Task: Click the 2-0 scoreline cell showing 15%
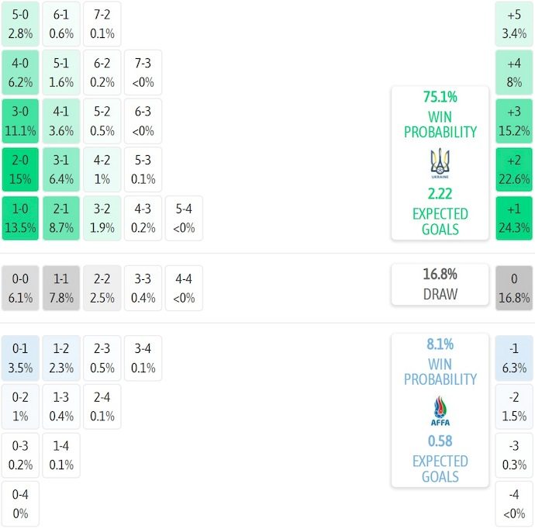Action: pos(20,169)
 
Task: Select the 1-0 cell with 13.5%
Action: pos(20,218)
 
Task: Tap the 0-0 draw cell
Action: pos(20,288)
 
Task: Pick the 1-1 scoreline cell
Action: pos(61,288)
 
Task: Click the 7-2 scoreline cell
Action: pos(102,24)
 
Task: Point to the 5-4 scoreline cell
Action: pos(184,218)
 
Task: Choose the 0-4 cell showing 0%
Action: pos(20,503)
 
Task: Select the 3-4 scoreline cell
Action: pos(143,358)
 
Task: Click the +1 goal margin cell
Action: pos(514,218)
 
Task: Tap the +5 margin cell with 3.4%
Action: pos(514,24)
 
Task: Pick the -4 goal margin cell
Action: pos(514,503)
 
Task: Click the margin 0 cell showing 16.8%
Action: pos(514,288)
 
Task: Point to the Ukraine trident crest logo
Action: pos(440,163)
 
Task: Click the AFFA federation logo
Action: pos(440,411)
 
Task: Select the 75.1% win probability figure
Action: pos(440,97)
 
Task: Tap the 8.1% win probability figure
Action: pos(440,344)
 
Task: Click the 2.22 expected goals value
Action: pos(440,194)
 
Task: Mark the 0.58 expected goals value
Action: pos(440,441)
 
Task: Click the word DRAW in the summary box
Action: pos(440,294)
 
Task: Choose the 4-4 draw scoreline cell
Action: pos(184,288)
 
